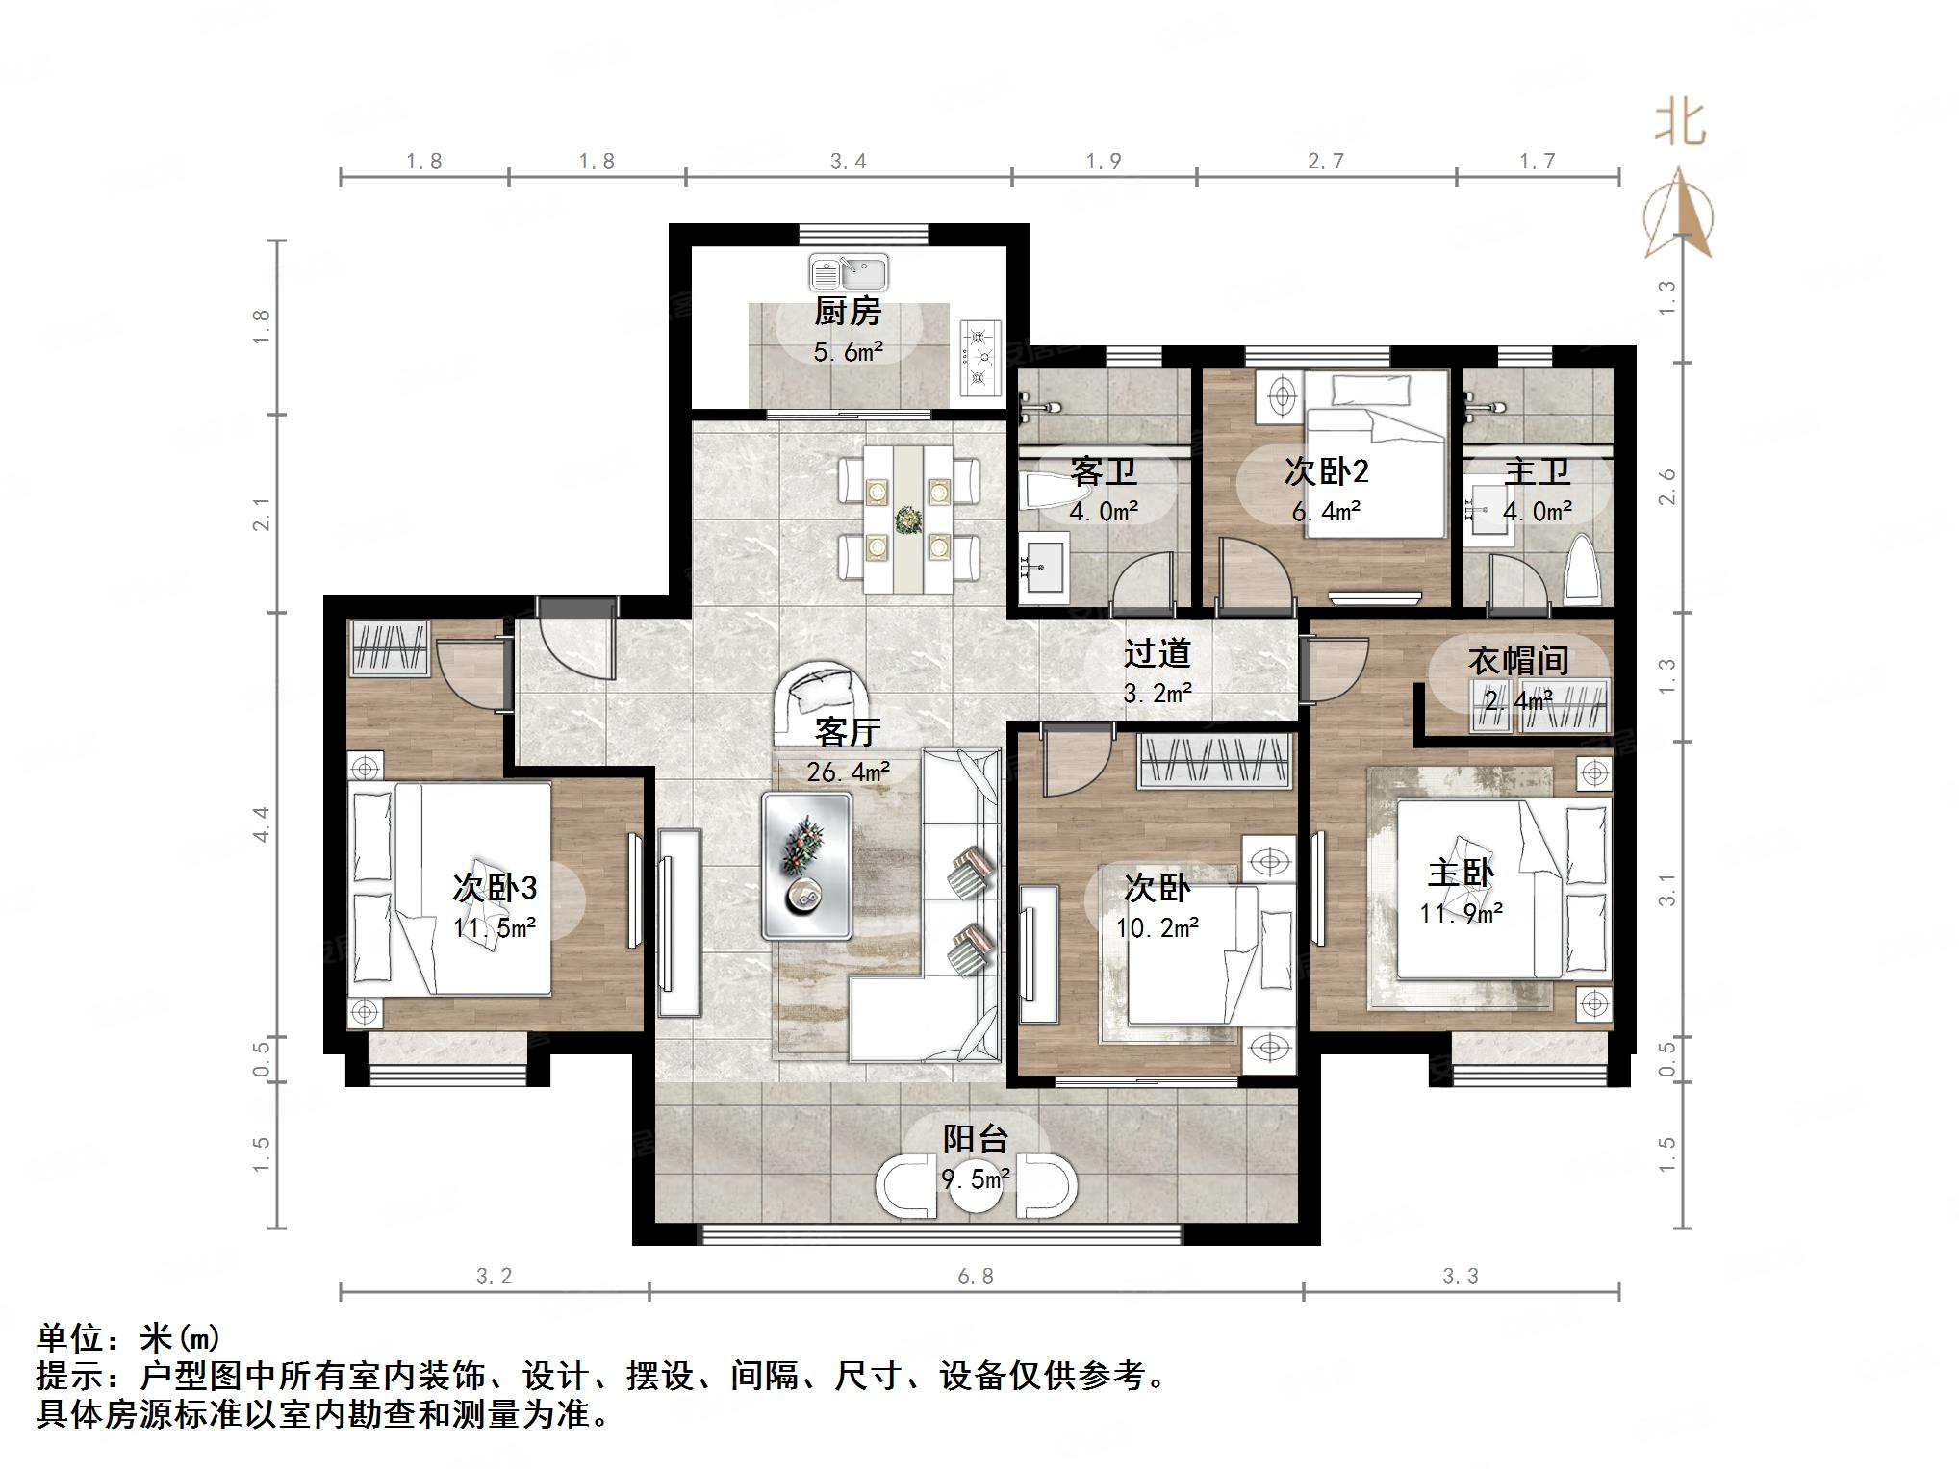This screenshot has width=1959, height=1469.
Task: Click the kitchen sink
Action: pyautogui.click(x=848, y=272)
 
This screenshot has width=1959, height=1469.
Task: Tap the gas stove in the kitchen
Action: pyautogui.click(x=980, y=359)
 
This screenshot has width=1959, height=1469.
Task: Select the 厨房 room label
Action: pyautogui.click(x=848, y=312)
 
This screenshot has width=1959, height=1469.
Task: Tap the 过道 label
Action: pyautogui.click(x=1158, y=654)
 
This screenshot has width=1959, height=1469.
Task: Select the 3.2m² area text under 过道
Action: pyautogui.click(x=1158, y=693)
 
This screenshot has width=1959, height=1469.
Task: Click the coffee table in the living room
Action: pyautogui.click(x=806, y=866)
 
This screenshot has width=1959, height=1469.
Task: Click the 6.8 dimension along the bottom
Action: pyautogui.click(x=975, y=1277)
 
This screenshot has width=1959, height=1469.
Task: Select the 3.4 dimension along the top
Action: pyautogui.click(x=848, y=162)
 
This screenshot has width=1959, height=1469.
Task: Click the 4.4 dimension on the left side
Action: pyautogui.click(x=262, y=824)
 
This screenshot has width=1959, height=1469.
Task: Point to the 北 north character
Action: pyautogui.click(x=1680, y=123)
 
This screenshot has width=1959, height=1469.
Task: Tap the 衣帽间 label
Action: pyautogui.click(x=1518, y=661)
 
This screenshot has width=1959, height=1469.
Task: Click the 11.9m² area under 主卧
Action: pyautogui.click(x=1461, y=913)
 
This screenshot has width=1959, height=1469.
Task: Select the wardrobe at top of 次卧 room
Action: pyautogui.click(x=1214, y=762)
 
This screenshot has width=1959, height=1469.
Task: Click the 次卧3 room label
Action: pyautogui.click(x=495, y=888)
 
